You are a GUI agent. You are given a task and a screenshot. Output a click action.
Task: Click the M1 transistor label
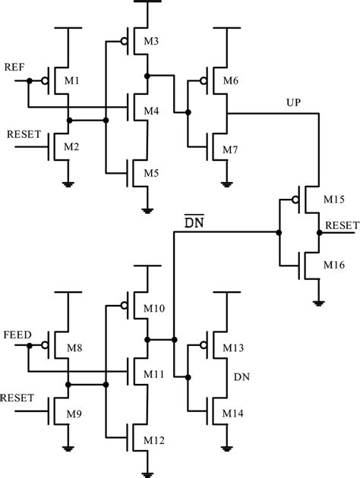[79, 80]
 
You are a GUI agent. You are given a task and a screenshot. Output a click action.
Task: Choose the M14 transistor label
[232, 414]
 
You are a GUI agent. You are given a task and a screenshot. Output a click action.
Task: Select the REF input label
[15, 67]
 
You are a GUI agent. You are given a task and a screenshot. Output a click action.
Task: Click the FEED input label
[17, 333]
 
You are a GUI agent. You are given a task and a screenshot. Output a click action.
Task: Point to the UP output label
[293, 102]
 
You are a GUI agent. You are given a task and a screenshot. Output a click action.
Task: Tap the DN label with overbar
[193, 222]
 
